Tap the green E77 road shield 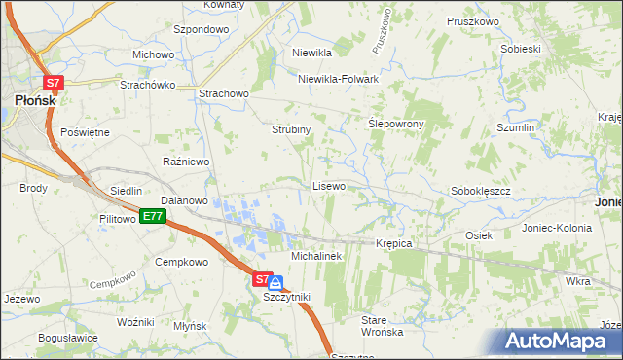151,216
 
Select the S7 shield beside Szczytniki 262,279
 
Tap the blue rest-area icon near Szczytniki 276,283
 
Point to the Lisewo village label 328,186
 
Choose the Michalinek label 314,255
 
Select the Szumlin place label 516,128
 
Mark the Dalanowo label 185,200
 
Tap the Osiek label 479,235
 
